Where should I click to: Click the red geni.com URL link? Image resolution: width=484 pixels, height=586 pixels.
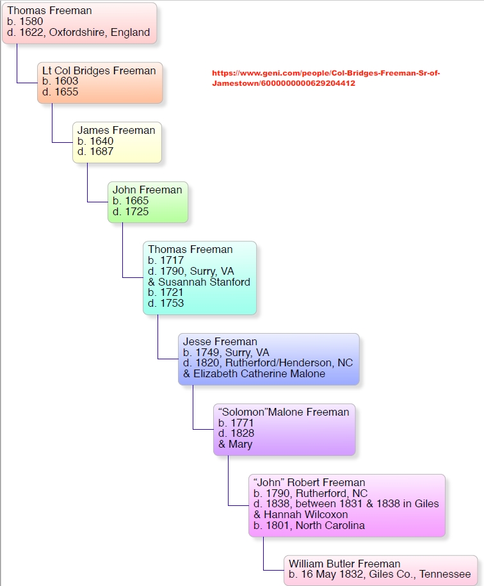click(326, 78)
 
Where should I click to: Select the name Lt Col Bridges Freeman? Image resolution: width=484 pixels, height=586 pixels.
click(99, 71)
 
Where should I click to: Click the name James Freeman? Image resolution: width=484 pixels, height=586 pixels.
click(116, 131)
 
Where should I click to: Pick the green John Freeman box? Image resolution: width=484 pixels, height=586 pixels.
click(147, 202)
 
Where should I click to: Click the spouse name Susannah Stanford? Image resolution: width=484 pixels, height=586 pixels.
click(204, 282)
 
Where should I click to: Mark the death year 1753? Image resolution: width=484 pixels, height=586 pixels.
click(172, 303)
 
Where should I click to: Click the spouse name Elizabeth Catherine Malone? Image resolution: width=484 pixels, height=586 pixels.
click(259, 374)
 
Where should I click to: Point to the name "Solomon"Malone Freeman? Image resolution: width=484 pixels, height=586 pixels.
click(284, 412)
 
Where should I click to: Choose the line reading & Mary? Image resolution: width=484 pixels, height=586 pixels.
click(235, 444)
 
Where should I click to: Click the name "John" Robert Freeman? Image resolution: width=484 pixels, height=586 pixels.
click(309, 483)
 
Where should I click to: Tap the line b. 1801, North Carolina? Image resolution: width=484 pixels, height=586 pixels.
click(309, 526)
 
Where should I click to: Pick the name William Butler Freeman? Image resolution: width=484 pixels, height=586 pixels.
click(344, 564)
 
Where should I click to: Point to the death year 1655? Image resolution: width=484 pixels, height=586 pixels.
click(66, 92)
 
